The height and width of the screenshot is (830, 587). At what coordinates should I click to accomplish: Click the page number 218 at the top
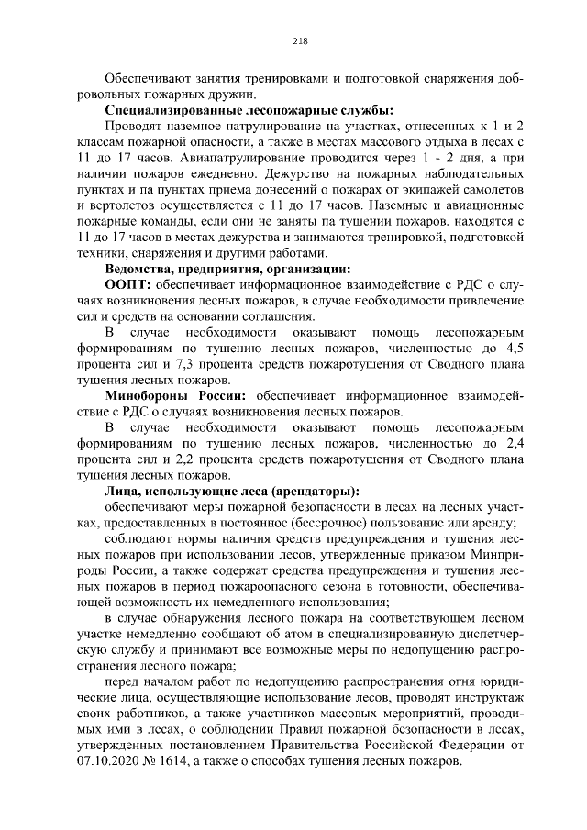[298, 39]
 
